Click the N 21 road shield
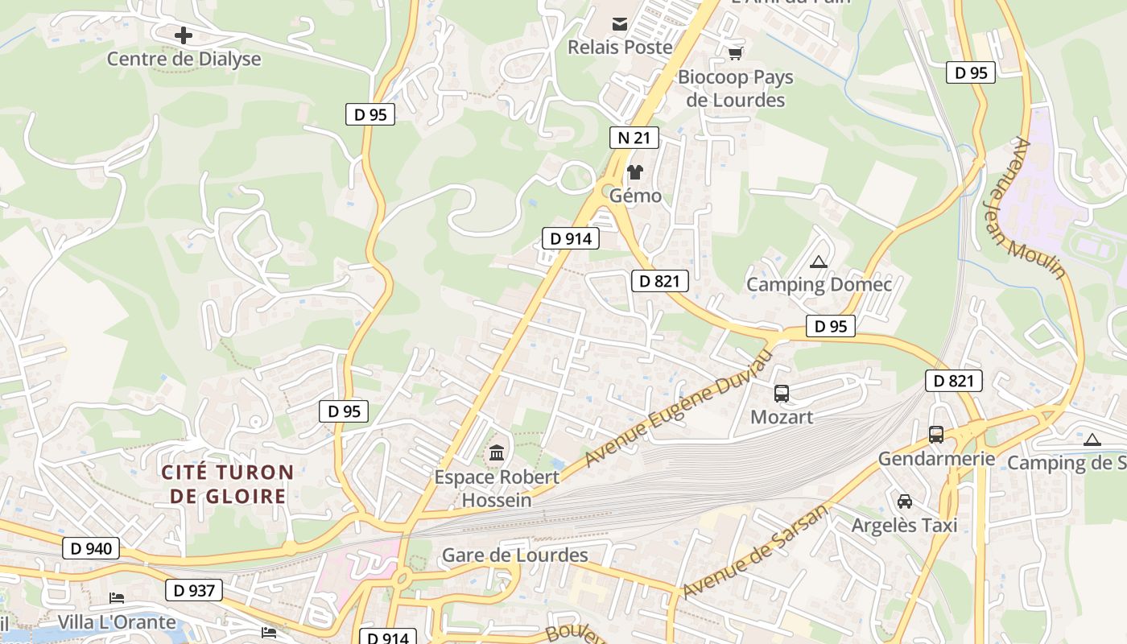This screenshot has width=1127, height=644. (x=634, y=138)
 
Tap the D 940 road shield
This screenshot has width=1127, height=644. (x=91, y=549)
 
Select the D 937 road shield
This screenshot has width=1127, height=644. (x=194, y=590)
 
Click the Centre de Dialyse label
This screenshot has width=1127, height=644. (x=184, y=59)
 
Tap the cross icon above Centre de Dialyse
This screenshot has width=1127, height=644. (x=184, y=35)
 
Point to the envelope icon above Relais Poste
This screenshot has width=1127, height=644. (x=620, y=24)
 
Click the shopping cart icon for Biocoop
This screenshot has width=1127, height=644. (x=735, y=53)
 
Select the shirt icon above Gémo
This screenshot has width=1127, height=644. (x=635, y=172)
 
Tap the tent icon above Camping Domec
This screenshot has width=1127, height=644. (x=819, y=262)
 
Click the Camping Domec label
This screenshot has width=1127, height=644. (x=819, y=284)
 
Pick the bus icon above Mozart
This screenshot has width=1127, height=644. (x=782, y=394)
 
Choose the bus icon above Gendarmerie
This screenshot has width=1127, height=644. (x=936, y=435)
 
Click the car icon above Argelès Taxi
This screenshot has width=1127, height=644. (x=905, y=502)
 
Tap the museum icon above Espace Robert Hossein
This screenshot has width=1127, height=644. (x=497, y=452)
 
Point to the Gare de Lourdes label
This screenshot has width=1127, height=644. (x=515, y=555)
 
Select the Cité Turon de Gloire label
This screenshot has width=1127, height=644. (x=227, y=484)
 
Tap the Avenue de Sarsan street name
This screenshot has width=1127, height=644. (x=754, y=552)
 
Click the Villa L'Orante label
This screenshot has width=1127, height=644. (x=117, y=622)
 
